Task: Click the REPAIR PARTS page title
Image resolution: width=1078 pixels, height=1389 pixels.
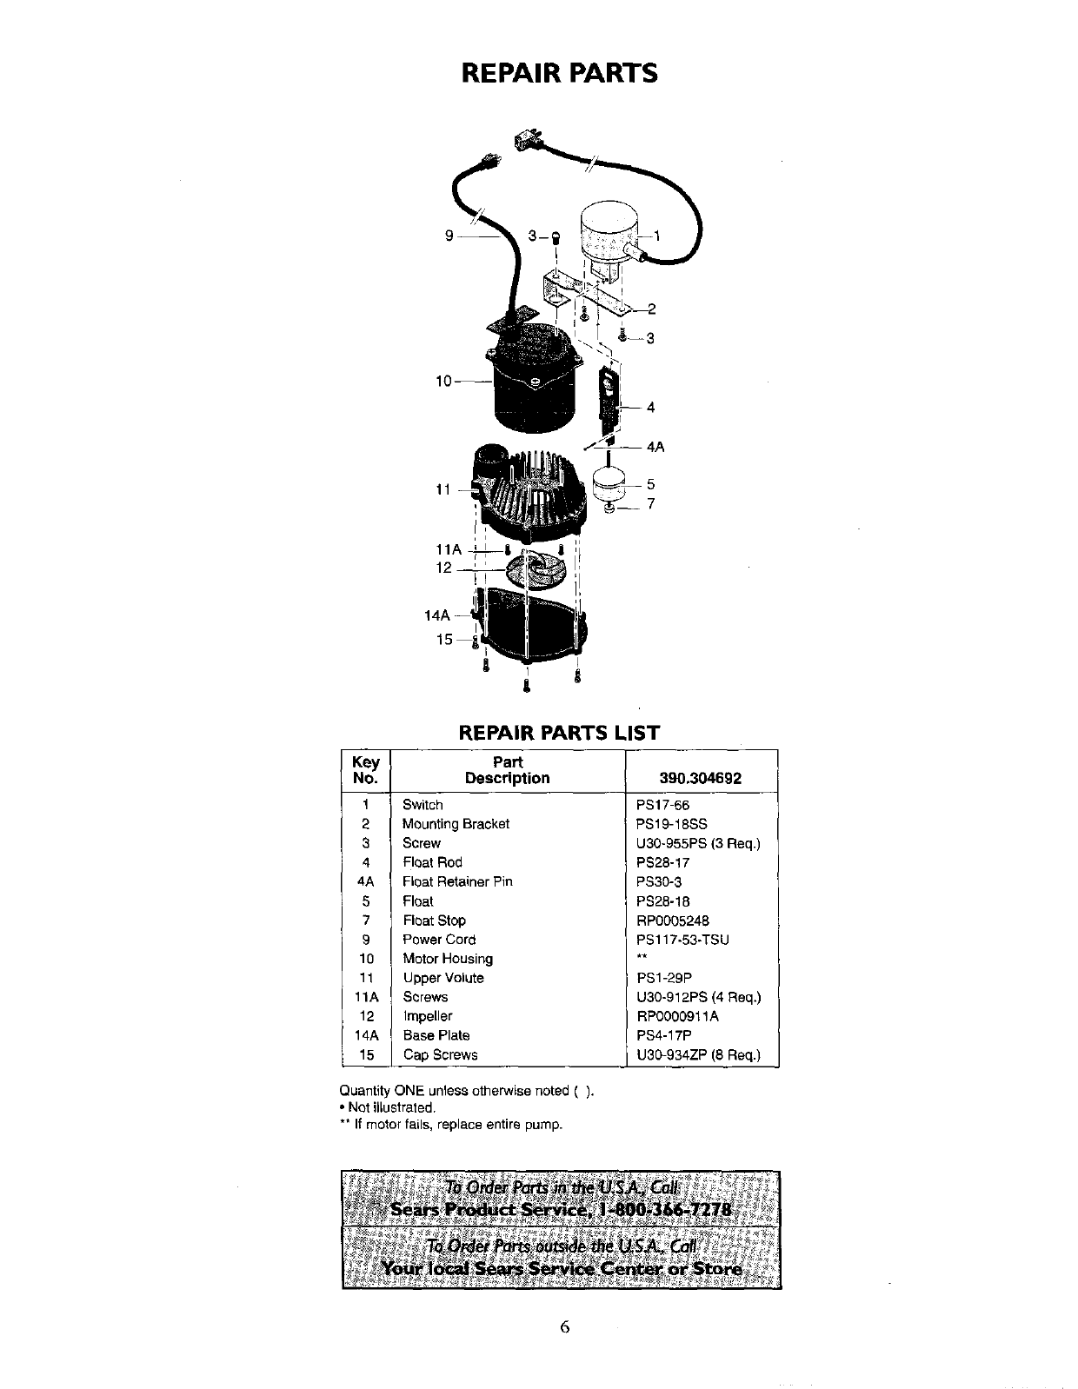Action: (x=559, y=73)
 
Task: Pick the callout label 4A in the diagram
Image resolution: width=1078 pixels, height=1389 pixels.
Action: (x=655, y=448)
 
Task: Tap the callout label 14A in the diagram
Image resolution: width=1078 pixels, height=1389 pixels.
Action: (x=436, y=615)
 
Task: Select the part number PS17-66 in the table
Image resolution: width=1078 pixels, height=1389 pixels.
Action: (x=662, y=805)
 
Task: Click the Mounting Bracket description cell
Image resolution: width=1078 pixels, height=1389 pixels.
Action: (x=456, y=824)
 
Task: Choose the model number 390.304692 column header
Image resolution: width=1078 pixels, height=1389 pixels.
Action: (x=701, y=778)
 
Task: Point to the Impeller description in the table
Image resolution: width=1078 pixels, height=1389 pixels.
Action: (x=427, y=1016)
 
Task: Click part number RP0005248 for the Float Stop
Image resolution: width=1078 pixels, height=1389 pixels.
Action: (x=673, y=920)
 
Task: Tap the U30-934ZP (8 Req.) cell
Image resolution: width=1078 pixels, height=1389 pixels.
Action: (x=698, y=1055)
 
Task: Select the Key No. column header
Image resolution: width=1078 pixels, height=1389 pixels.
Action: (x=366, y=770)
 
